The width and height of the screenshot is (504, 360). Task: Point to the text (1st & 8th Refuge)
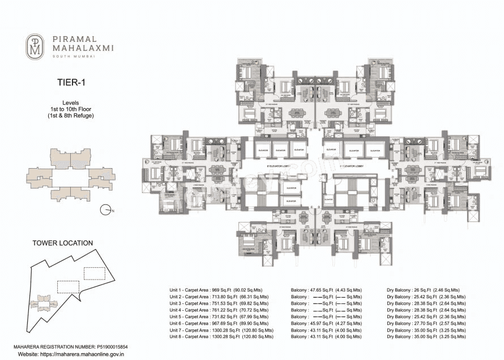click(71, 115)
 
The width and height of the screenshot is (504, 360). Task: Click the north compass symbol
click(105, 211)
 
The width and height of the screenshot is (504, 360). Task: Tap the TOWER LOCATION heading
click(62, 243)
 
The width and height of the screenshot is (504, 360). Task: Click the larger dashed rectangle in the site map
click(94, 273)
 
